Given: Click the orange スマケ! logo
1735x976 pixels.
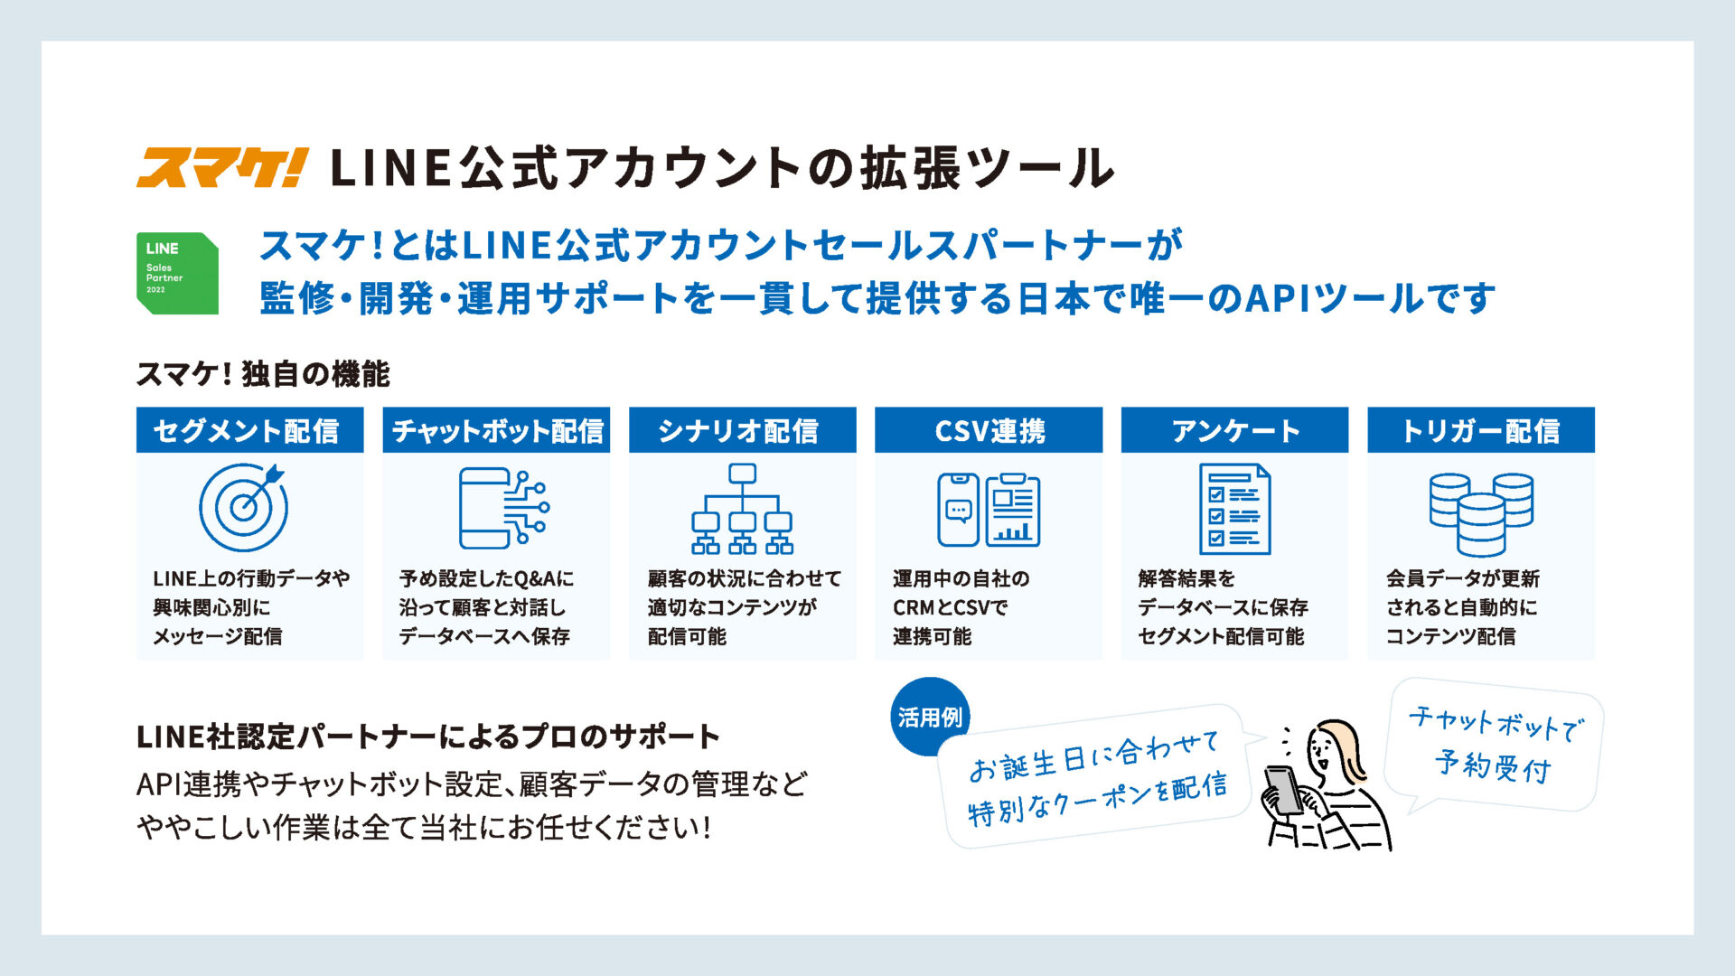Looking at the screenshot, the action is point(222,167).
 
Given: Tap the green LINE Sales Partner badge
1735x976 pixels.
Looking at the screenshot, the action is point(177,273).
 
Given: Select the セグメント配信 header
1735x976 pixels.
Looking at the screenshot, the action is point(249,430).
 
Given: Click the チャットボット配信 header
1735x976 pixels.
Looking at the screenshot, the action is point(496,430).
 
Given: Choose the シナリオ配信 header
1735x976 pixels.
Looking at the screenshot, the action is point(742,430).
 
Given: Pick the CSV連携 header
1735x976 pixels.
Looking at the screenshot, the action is point(989,430).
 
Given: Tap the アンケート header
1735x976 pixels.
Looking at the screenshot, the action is point(1234,430).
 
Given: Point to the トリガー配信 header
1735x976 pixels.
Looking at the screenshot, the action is point(1481,430).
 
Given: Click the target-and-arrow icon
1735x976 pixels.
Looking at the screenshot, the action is point(243,506).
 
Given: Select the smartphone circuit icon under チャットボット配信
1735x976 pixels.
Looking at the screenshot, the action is point(503,508).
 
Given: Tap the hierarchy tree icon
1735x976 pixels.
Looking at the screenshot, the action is point(742,508).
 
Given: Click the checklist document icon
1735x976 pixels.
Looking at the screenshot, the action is point(1234,509).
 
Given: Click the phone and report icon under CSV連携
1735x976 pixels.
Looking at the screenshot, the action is point(989,510).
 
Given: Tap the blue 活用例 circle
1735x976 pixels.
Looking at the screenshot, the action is point(930,717).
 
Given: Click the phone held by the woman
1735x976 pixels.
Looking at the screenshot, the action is point(1283,790).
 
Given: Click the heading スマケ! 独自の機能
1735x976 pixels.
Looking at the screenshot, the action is point(263,374).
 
